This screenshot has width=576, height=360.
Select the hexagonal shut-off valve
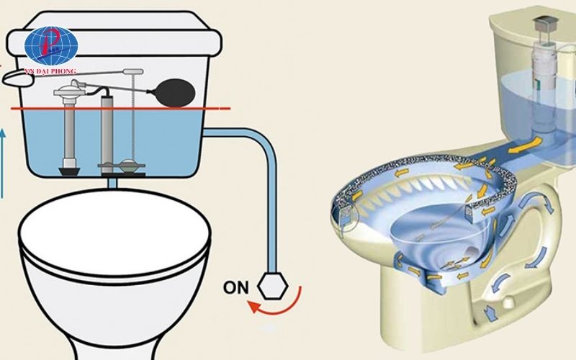[x=272, y=286]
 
